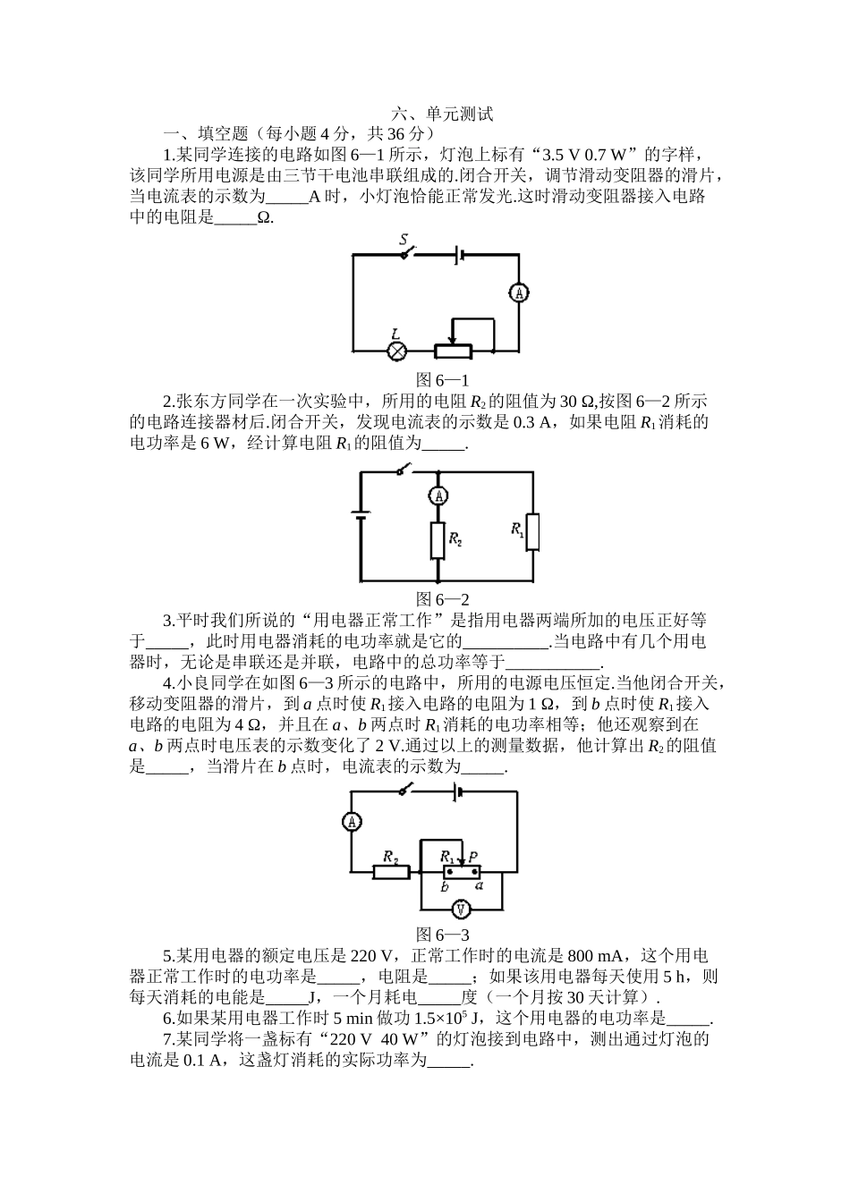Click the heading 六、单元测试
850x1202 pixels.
click(x=442, y=114)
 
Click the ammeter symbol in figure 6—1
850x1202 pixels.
click(x=519, y=292)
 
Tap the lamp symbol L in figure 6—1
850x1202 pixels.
click(x=396, y=351)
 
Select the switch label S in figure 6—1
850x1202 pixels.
click(x=404, y=240)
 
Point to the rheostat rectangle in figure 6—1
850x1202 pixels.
click(x=454, y=351)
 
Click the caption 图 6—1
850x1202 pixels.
click(x=443, y=380)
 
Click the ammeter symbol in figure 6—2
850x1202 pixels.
click(x=438, y=495)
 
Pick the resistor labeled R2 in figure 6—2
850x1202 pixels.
click(x=438, y=541)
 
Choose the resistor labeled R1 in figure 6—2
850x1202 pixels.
click(x=532, y=532)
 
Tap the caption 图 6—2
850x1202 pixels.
click(x=443, y=599)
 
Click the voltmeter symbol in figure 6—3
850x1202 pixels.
click(x=461, y=909)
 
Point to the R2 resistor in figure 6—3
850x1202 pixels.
click(x=391, y=872)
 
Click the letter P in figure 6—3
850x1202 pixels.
click(x=473, y=857)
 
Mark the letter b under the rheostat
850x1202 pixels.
click(x=445, y=887)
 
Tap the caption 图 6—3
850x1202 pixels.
click(x=443, y=935)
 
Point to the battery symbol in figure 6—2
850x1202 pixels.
click(x=361, y=514)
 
